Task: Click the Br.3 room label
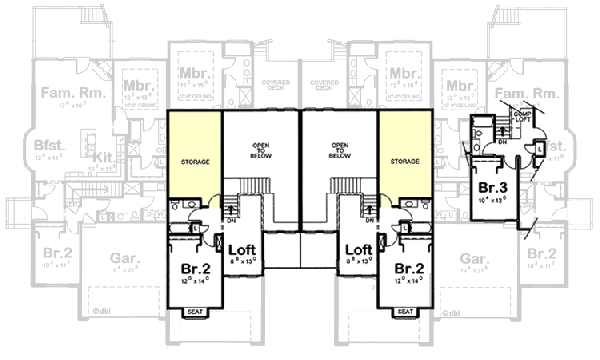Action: (x=490, y=188)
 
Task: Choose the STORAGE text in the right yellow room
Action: (x=404, y=160)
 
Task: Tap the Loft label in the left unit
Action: (x=245, y=251)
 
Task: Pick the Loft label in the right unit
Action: (x=359, y=251)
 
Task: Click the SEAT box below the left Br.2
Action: (x=195, y=311)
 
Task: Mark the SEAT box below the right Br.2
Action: (x=405, y=311)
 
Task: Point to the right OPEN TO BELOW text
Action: (x=342, y=150)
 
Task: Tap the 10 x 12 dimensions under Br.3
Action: (x=491, y=201)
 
